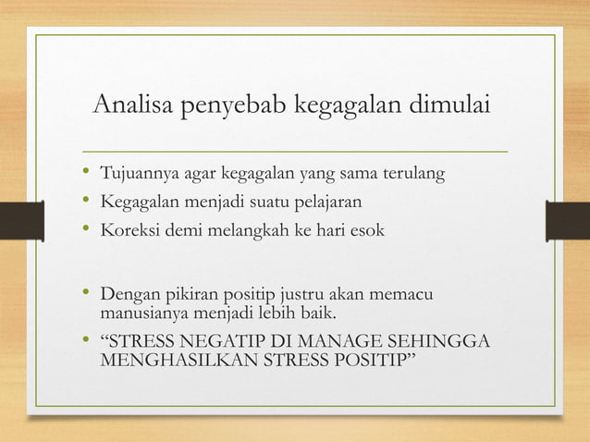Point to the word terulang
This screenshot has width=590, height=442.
pyautogui.click(x=412, y=174)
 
